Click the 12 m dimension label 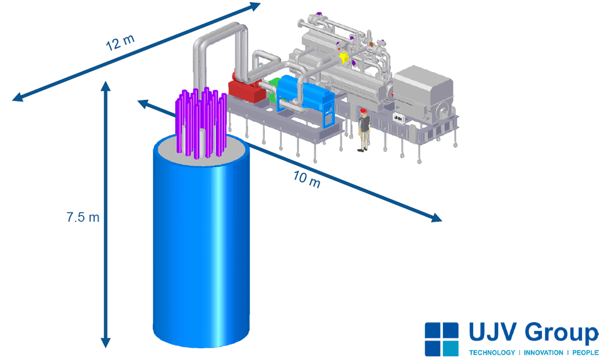click(120, 42)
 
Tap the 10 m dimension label click(307, 179)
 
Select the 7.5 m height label click(83, 217)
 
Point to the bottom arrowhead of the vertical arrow click(106, 342)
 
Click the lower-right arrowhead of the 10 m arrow click(436, 217)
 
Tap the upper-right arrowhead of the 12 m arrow click(255, 6)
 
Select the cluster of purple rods click(201, 123)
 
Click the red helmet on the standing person click(363, 111)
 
